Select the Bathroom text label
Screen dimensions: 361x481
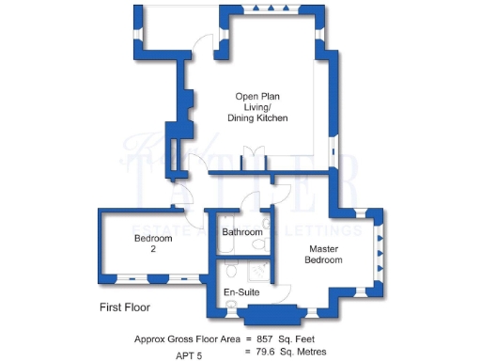pos(241,231)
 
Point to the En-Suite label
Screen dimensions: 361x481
pos(241,293)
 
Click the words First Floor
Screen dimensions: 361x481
pos(125,307)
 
